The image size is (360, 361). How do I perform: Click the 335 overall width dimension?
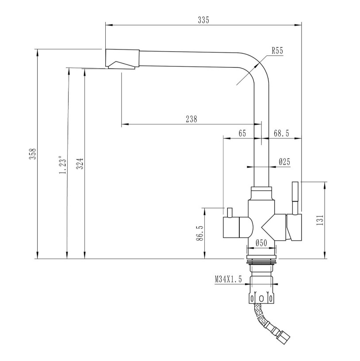(x=203, y=20)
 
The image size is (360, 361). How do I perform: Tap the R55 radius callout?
(x=277, y=50)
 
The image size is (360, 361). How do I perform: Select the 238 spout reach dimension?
(x=191, y=119)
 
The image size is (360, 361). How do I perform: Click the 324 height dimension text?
(x=80, y=163)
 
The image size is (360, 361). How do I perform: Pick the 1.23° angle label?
(x=63, y=165)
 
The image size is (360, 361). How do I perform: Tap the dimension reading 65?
(x=242, y=133)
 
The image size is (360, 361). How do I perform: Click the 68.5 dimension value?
(x=281, y=133)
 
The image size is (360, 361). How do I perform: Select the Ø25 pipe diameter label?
(x=284, y=161)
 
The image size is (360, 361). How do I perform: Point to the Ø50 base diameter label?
(x=261, y=243)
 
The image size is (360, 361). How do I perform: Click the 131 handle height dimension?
(x=320, y=220)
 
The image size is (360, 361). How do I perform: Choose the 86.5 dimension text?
(x=199, y=233)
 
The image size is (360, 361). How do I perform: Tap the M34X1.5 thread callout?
(x=228, y=279)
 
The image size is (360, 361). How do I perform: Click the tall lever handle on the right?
(x=295, y=198)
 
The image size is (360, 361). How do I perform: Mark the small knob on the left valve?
(x=230, y=212)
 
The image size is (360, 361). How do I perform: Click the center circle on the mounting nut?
(x=261, y=298)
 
